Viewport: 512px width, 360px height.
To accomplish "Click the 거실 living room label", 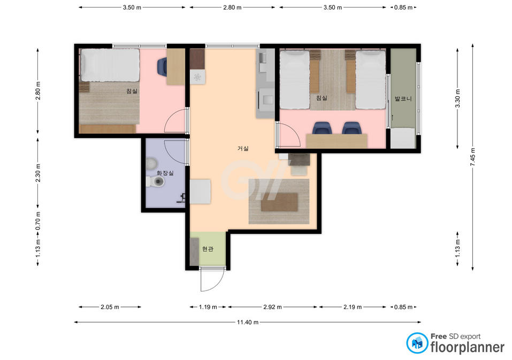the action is (243, 149).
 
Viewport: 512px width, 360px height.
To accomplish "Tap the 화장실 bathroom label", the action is (165, 173).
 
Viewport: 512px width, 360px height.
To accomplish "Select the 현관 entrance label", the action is (208, 249).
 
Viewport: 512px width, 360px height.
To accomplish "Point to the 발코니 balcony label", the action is (403, 98).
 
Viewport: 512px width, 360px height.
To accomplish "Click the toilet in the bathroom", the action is (155, 182).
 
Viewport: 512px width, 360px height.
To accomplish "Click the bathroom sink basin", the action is (151, 163).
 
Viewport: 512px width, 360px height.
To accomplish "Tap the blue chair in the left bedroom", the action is (162, 66).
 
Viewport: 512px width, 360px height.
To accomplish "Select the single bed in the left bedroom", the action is (110, 65).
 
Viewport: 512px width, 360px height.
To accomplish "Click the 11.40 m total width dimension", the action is (248, 323).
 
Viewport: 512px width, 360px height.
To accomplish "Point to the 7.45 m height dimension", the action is (473, 157).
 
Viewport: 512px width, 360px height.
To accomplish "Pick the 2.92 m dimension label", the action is (272, 307).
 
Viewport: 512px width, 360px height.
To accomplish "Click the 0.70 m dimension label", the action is (38, 220).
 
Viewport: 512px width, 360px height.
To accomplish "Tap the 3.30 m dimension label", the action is (457, 98).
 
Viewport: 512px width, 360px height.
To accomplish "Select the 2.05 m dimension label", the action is (110, 307).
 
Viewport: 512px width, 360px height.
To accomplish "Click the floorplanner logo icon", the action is (417, 343).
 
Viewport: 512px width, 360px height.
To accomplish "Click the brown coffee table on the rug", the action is (279, 202).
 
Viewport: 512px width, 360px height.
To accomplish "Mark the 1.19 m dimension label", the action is (208, 307).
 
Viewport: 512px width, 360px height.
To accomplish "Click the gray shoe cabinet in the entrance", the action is (194, 251).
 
